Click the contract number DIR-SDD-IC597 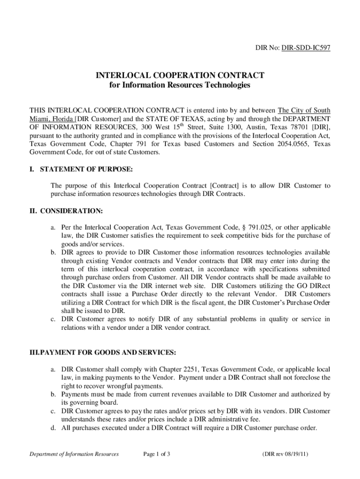[x=306, y=48]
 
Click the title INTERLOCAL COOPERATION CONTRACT [x=180, y=75]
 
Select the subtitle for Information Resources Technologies [x=180, y=86]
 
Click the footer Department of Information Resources [x=74, y=454]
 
